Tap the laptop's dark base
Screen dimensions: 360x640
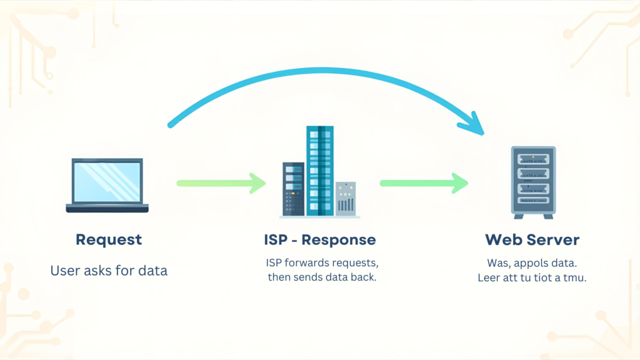pos(107,208)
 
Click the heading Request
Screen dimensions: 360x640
pos(109,239)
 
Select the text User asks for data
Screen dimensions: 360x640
pos(109,271)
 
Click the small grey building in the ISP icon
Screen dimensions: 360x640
pos(346,199)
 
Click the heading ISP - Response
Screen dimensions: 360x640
pos(320,240)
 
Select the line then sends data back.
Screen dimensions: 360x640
pos(322,277)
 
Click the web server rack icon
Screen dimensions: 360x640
pos(532,181)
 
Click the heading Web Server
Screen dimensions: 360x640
pos(532,240)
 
